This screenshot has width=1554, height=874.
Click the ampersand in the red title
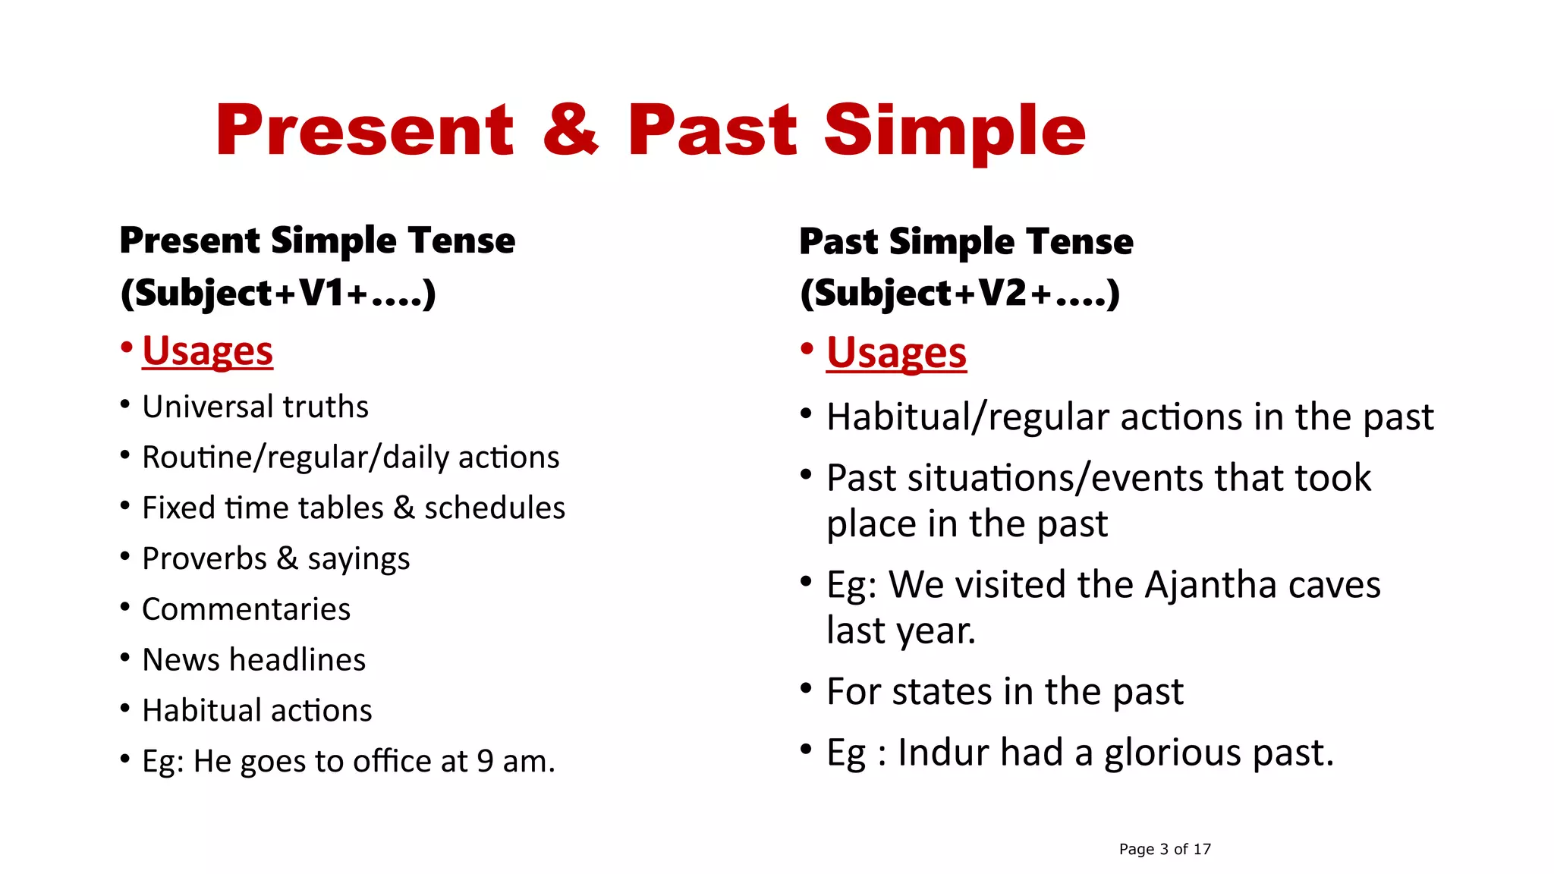pos(571,130)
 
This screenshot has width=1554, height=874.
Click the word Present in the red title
pos(365,130)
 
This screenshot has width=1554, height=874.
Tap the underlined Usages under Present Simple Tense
pos(207,351)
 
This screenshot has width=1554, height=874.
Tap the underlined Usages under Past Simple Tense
pos(896,354)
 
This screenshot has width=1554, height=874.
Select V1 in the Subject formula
pos(322,293)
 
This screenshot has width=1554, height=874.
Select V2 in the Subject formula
pos(1002,293)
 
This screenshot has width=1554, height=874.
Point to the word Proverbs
pos(204,559)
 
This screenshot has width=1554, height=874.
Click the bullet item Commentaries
pos(246,609)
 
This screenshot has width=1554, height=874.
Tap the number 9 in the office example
pos(485,762)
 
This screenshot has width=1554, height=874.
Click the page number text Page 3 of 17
pos(1165,849)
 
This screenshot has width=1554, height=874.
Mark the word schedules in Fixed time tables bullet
pos(495,508)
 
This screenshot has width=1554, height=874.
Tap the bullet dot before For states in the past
pos(807,689)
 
